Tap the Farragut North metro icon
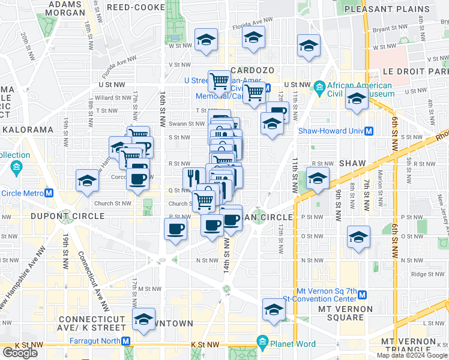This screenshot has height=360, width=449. click(x=126, y=341)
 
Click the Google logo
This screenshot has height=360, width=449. click(x=20, y=353)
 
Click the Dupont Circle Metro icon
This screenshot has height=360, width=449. click(x=50, y=193)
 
